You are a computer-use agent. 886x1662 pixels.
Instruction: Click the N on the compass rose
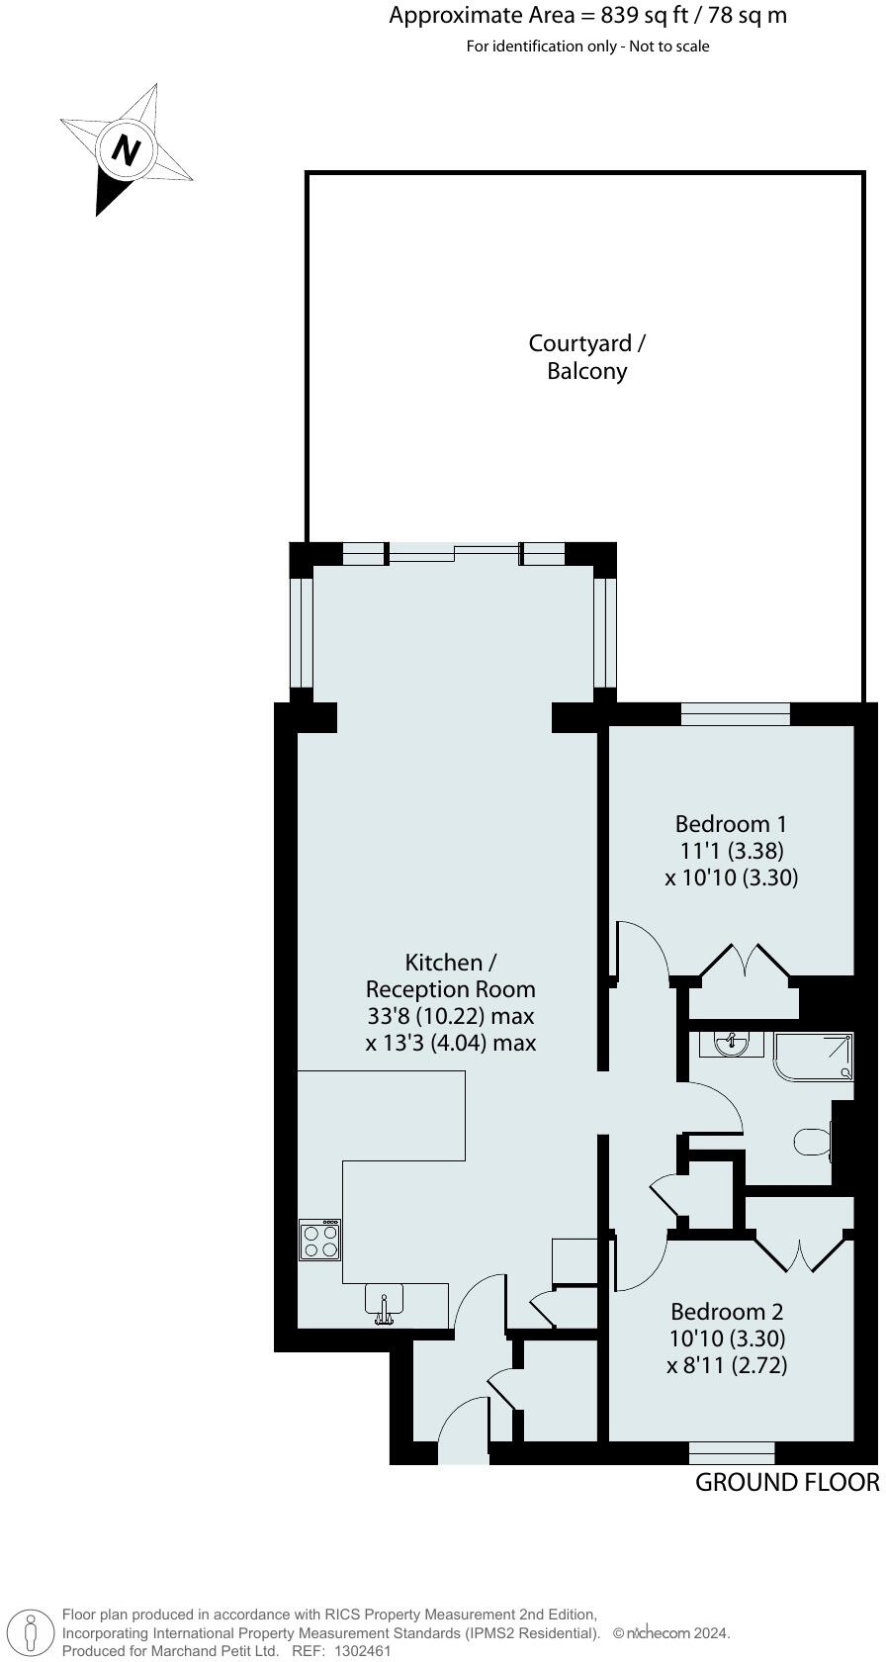point(126,150)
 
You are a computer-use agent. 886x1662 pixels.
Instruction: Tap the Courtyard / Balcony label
point(587,357)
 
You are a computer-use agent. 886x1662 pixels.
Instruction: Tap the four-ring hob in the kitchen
point(320,1241)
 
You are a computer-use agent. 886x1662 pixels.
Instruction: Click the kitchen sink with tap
point(384,1302)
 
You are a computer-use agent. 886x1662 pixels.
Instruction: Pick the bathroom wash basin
point(732,1043)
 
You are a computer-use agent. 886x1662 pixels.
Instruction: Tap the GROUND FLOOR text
point(786,1482)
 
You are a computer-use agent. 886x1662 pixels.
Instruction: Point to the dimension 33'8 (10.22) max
point(450,1016)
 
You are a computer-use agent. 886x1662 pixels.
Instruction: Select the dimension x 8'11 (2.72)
point(727,1365)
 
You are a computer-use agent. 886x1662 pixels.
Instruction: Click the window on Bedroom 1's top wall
point(736,713)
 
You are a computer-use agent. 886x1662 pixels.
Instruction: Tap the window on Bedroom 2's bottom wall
point(732,1452)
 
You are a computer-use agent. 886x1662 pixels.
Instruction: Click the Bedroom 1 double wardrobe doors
point(745,965)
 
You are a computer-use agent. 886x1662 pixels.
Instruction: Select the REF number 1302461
point(363,1651)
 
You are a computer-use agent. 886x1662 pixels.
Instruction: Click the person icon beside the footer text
point(32,1632)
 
